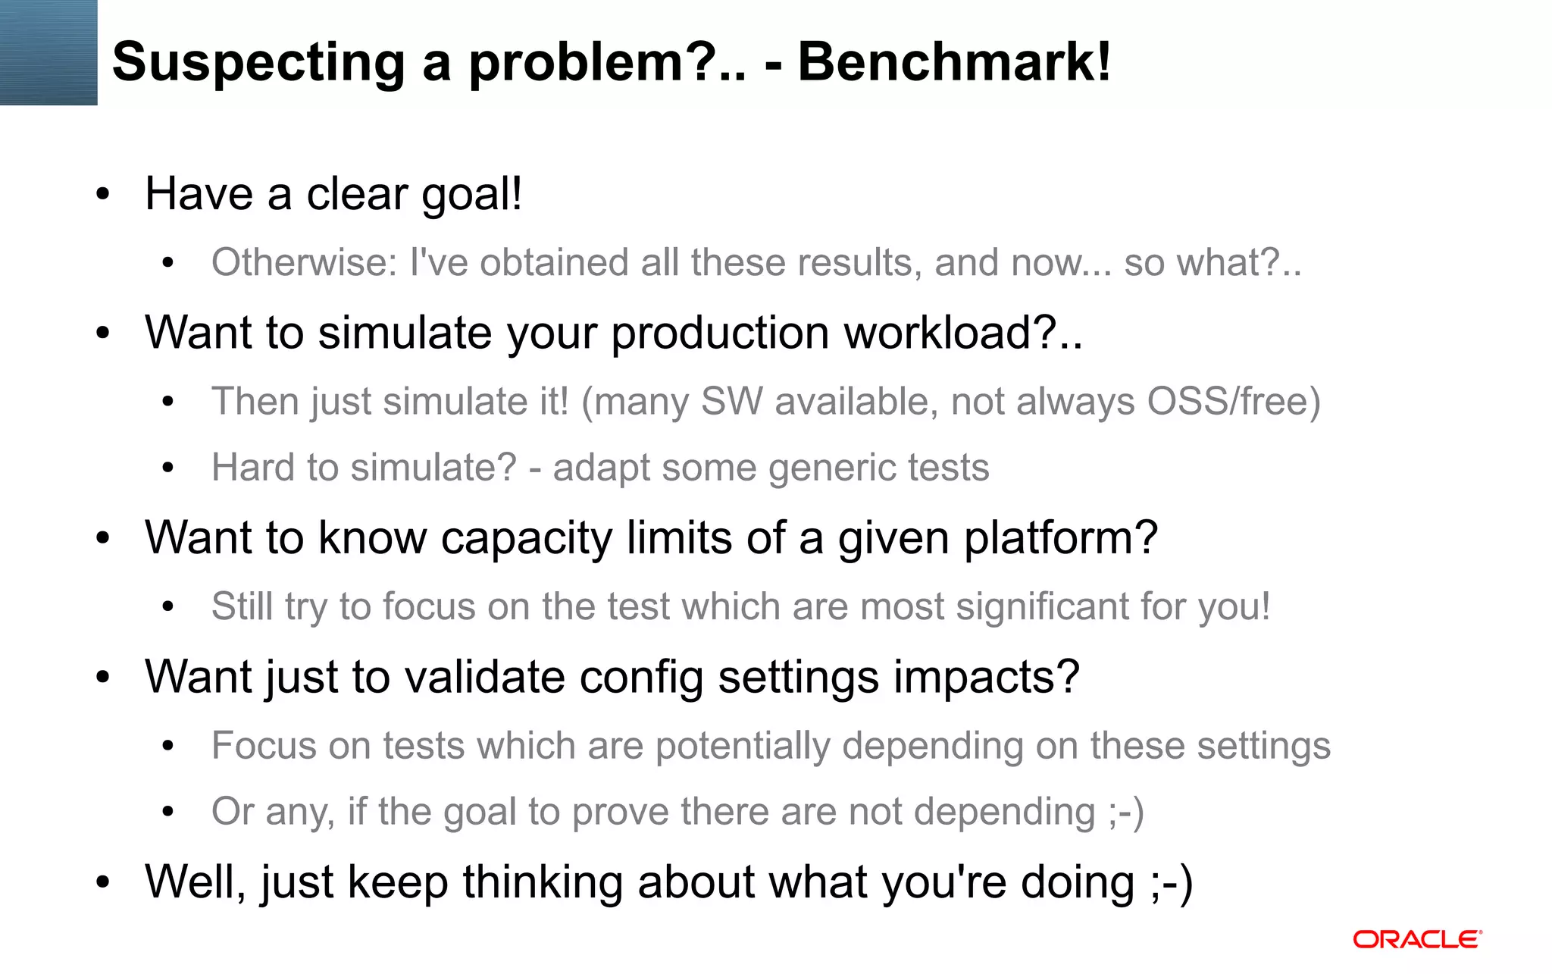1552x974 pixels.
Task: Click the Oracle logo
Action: coord(1417,940)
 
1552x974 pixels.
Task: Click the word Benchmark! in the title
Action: coord(954,62)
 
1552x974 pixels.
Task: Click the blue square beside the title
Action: coord(48,52)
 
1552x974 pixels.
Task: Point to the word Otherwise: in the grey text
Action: coord(304,263)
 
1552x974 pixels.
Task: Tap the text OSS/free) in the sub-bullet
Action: coord(1233,402)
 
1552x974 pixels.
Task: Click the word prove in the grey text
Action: coord(620,812)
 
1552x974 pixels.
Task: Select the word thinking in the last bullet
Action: coord(543,883)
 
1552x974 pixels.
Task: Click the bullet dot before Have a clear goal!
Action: coord(103,195)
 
